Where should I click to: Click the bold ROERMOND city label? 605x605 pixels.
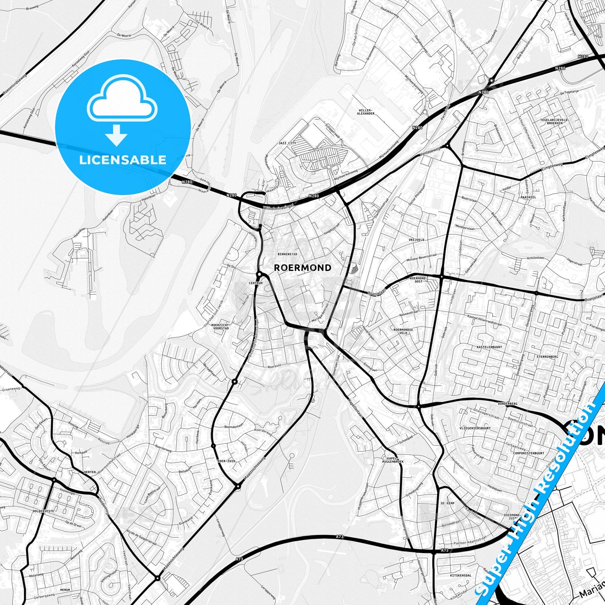pos(302,268)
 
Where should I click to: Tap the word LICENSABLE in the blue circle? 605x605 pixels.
pos(123,160)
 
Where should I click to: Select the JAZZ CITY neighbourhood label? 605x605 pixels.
pos(287,143)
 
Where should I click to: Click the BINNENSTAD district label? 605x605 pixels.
pos(287,254)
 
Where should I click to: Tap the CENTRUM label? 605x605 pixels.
pos(255,283)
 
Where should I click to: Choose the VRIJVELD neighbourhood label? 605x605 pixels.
pos(416,240)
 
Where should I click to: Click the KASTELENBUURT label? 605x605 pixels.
pos(489,347)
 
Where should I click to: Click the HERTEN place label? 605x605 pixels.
pos(90,472)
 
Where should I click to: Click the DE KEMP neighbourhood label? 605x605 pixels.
pos(448,503)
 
